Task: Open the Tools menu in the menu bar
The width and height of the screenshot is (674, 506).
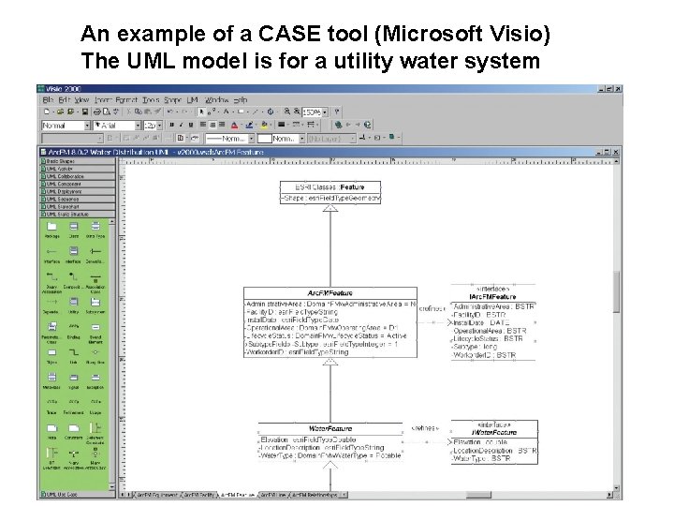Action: tap(150, 99)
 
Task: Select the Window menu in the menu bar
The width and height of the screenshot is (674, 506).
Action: tap(216, 99)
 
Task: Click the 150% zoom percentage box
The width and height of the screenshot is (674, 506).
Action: tap(310, 112)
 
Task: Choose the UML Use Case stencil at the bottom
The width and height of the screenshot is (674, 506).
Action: tap(66, 494)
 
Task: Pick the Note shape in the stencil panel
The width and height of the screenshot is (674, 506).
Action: tap(51, 437)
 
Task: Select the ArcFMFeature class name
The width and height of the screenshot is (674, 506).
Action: tap(336, 293)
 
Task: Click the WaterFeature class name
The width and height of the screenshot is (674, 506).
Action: tap(330, 429)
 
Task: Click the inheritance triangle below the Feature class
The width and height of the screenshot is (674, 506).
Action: tap(330, 209)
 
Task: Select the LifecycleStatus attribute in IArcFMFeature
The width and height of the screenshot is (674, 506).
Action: tap(489, 338)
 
